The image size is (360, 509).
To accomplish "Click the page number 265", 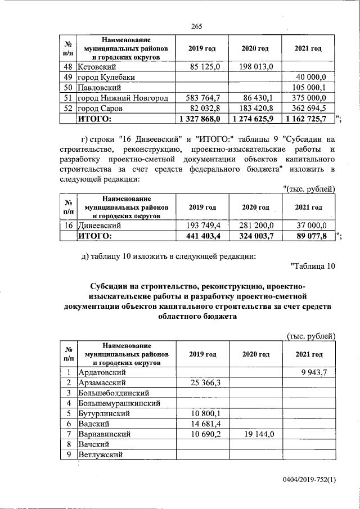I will pyautogui.click(x=196, y=26).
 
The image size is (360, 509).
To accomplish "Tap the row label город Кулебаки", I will pyautogui.click(x=106, y=77).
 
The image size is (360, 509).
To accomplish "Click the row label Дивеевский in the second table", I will pyautogui.click(x=101, y=225).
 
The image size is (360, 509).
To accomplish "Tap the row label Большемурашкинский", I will pyautogui.click(x=120, y=403).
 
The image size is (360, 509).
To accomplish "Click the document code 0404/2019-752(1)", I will pyautogui.click(x=309, y=479).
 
